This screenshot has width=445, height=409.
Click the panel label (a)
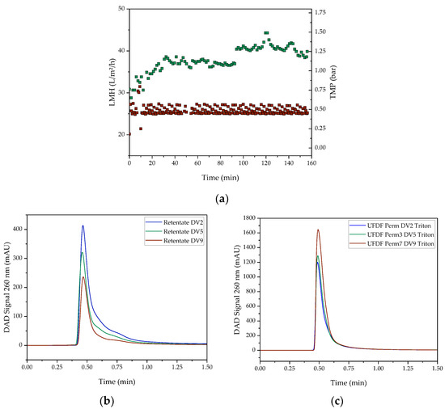point(222,194)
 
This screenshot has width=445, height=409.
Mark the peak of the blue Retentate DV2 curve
point(83,226)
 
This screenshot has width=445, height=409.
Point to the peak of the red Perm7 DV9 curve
point(318,230)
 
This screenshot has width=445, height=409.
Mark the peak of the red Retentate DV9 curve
point(83,277)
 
